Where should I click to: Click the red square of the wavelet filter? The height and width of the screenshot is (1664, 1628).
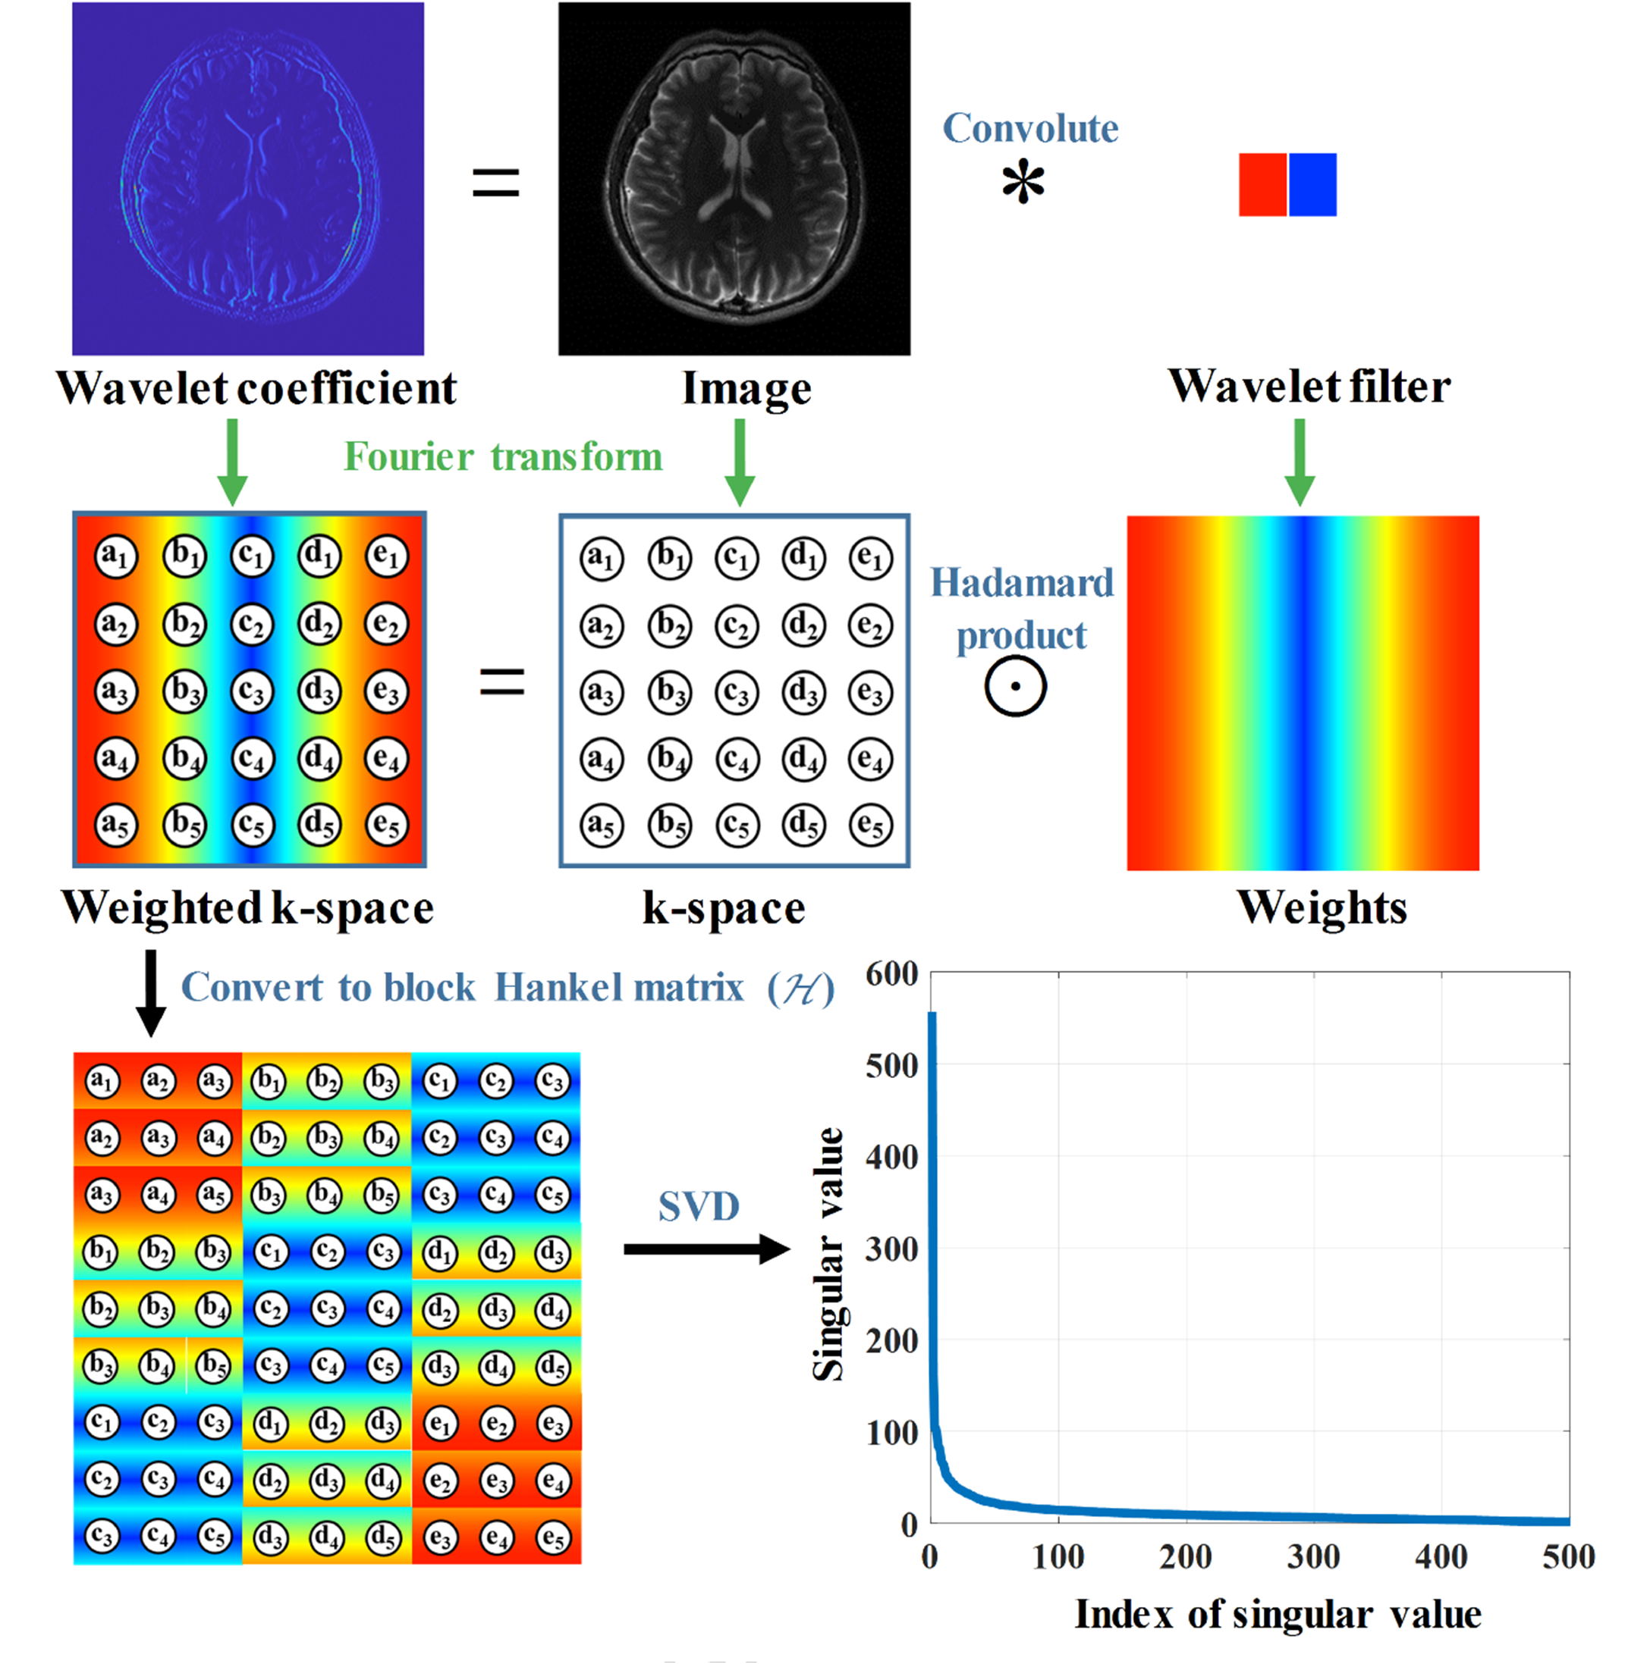(1262, 185)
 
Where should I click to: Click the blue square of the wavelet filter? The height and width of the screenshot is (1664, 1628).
(1312, 185)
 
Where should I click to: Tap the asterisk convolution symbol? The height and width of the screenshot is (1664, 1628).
(1023, 183)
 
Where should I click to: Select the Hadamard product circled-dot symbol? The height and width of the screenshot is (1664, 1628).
(1015, 686)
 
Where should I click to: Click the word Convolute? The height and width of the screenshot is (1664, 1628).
(1030, 128)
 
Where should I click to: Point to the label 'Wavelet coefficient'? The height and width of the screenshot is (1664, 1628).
(256, 388)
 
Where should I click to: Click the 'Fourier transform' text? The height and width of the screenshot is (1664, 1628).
(503, 456)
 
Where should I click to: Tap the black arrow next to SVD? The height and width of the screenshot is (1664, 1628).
(706, 1249)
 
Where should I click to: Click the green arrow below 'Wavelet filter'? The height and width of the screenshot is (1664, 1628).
(1300, 462)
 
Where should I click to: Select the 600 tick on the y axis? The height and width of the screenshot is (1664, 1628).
(892, 973)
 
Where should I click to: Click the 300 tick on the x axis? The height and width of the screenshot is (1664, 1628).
(1313, 1557)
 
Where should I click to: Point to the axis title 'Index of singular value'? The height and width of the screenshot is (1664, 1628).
(1278, 1615)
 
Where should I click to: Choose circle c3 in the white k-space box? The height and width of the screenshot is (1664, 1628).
(736, 692)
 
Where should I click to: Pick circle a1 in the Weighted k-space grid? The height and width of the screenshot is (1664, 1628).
(115, 556)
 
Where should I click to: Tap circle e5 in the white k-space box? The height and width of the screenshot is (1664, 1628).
(870, 825)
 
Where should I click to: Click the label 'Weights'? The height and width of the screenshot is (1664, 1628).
(1321, 907)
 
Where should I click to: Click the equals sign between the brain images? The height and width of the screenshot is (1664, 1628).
(496, 183)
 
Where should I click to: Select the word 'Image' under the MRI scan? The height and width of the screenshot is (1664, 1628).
(746, 389)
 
